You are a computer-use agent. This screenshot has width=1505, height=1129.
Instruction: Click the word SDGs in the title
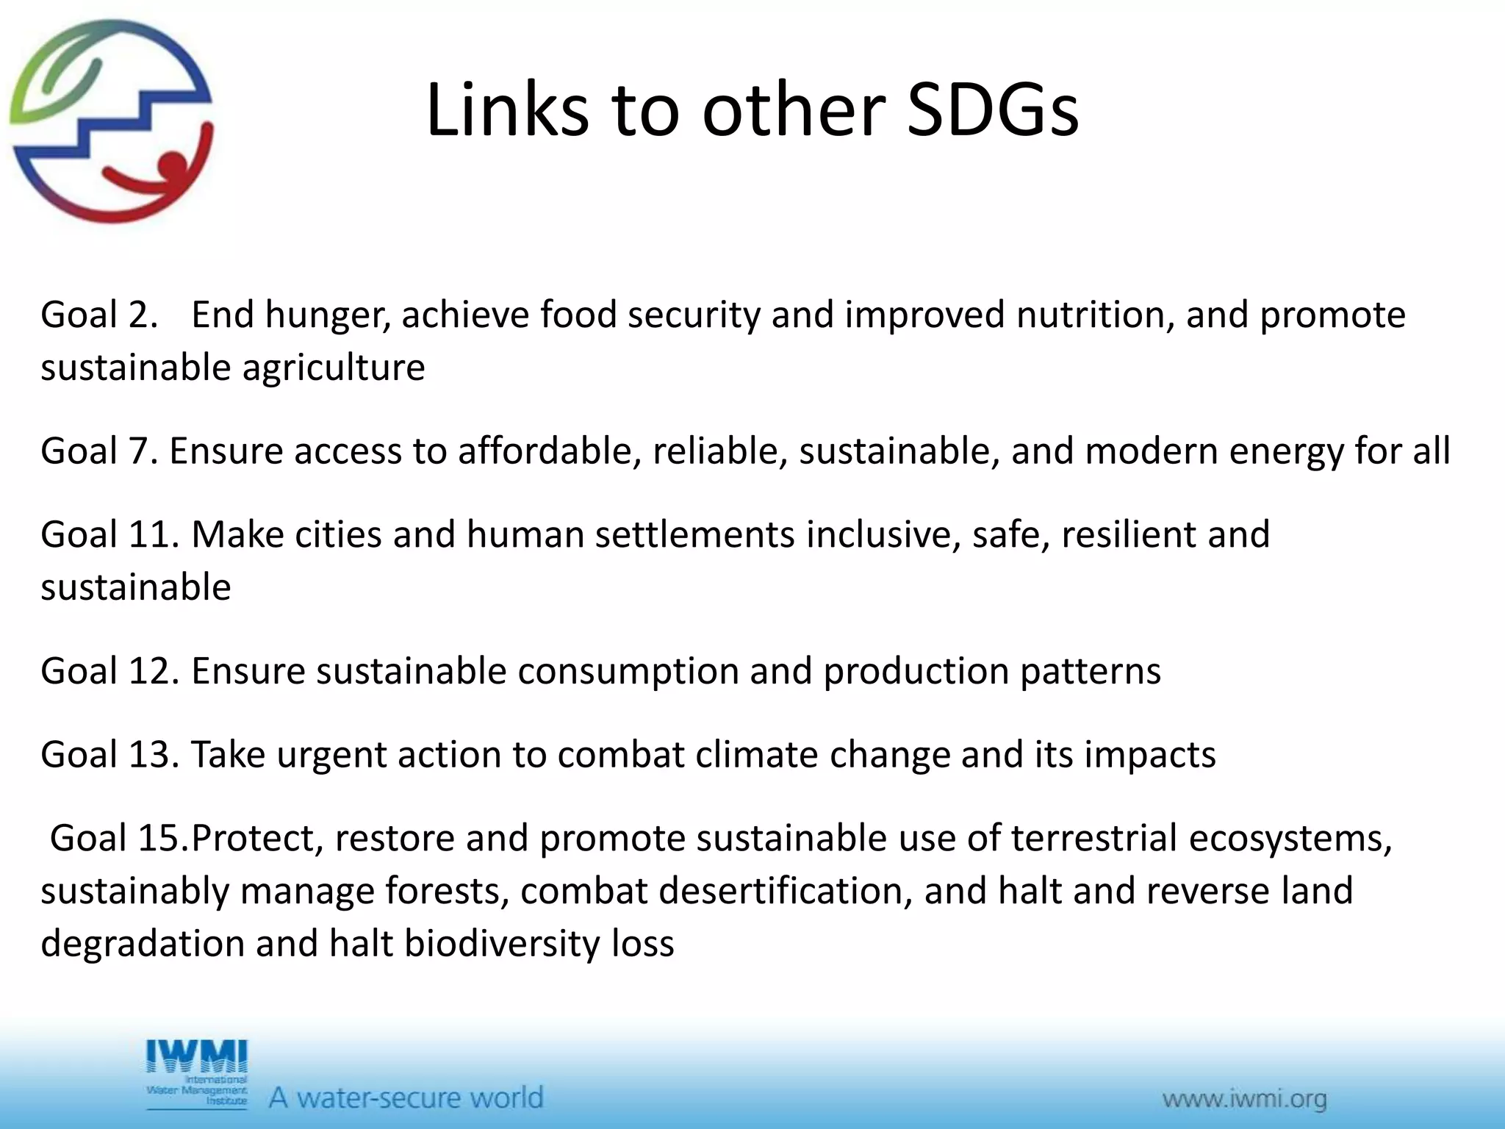click(x=992, y=110)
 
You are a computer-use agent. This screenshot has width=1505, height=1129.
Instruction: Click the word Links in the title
click(x=507, y=110)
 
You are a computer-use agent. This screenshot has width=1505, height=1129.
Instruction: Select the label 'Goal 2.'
click(x=99, y=315)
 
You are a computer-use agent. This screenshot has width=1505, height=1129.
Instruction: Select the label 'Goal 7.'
click(x=99, y=451)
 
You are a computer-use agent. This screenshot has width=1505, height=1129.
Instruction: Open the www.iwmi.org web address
click(x=1244, y=1100)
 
